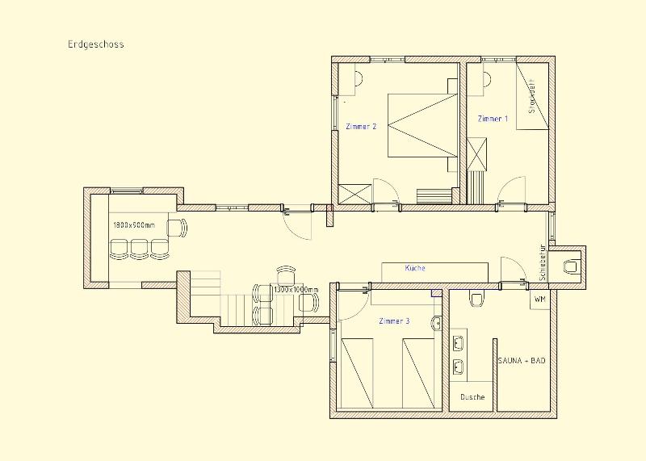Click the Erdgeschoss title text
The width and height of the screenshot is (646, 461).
click(x=96, y=44)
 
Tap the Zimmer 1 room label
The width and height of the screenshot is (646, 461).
click(x=493, y=119)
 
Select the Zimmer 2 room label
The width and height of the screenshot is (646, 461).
click(x=361, y=127)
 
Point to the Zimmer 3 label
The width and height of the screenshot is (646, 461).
click(x=394, y=321)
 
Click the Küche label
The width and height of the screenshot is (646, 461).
click(x=415, y=268)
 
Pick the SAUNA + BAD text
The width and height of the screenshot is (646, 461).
click(x=522, y=360)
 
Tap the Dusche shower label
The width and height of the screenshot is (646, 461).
click(x=472, y=397)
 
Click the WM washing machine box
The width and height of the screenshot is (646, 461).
click(x=539, y=299)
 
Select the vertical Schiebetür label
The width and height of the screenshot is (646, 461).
click(x=543, y=263)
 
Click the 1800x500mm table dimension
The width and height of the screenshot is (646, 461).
click(x=134, y=225)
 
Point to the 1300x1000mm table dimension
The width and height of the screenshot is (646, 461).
click(x=296, y=290)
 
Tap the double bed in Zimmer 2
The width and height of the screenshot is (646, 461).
click(x=422, y=126)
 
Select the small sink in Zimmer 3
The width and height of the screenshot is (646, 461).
click(x=436, y=323)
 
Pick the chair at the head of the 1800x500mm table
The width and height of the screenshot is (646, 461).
click(x=177, y=228)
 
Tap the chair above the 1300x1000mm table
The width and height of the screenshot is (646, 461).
click(x=286, y=274)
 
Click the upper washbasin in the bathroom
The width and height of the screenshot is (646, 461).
click(x=458, y=342)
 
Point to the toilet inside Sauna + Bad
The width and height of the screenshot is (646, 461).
click(x=476, y=298)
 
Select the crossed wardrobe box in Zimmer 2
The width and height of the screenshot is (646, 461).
click(x=354, y=194)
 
